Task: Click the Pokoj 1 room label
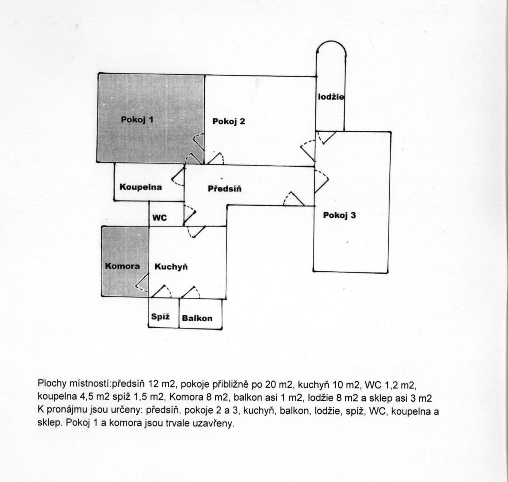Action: click(137, 120)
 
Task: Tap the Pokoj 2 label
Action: click(228, 121)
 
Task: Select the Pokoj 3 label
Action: click(339, 215)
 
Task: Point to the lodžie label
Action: click(331, 97)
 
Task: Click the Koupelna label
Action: click(141, 187)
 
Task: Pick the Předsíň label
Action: click(225, 188)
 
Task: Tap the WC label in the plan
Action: click(159, 218)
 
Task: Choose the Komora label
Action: click(122, 266)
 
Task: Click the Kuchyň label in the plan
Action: click(171, 267)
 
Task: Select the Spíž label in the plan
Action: click(160, 317)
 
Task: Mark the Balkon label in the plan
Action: click(197, 318)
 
